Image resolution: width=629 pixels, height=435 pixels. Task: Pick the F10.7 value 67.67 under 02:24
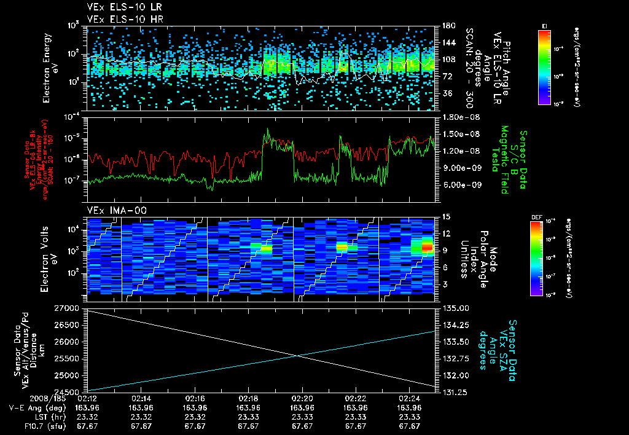tap(410, 426)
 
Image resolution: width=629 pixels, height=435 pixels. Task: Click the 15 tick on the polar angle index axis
tap(442, 217)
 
